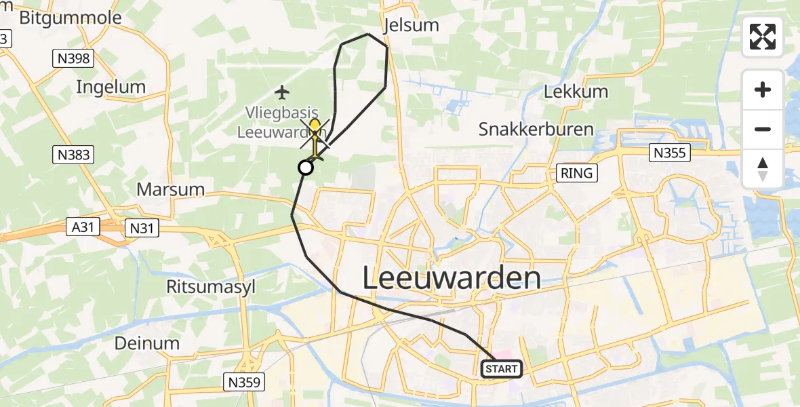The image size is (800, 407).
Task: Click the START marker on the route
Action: pyautogui.click(x=502, y=369)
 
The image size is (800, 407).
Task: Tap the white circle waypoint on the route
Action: pyautogui.click(x=306, y=167)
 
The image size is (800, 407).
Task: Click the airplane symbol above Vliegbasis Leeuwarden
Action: pyautogui.click(x=283, y=92)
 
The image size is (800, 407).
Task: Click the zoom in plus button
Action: pyautogui.click(x=763, y=90)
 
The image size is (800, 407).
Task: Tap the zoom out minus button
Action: pyautogui.click(x=763, y=129)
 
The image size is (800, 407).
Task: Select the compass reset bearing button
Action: pyautogui.click(x=763, y=168)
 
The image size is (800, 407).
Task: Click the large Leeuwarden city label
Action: pyautogui.click(x=452, y=279)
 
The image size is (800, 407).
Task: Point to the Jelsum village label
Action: pyautogui.click(x=411, y=26)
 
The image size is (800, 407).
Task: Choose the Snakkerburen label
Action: pyautogui.click(x=536, y=130)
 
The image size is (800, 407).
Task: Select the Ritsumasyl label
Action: pyautogui.click(x=211, y=287)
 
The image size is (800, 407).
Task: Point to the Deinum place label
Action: pyautogui.click(x=147, y=343)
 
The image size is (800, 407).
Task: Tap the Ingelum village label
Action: pyautogui.click(x=111, y=87)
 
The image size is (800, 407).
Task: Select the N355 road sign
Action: pyautogui.click(x=670, y=153)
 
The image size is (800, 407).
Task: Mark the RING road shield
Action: pyautogui.click(x=576, y=173)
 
